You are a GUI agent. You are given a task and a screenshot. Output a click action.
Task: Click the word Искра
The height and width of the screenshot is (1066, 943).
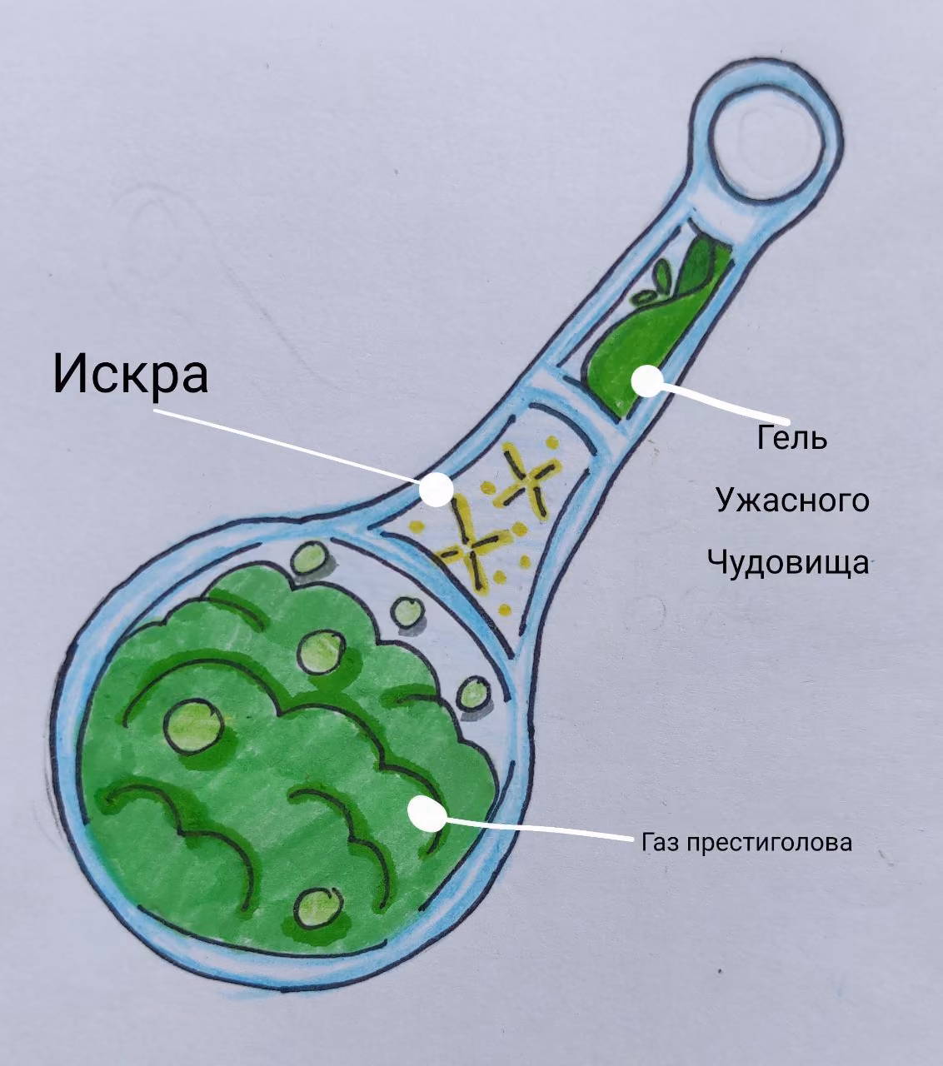(131, 373)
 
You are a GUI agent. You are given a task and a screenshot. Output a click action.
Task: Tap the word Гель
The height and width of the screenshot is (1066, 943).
(792, 437)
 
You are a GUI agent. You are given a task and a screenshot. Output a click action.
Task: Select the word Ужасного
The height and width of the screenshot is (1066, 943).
(792, 501)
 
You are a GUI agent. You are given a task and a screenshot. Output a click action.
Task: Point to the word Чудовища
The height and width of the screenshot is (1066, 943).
(788, 562)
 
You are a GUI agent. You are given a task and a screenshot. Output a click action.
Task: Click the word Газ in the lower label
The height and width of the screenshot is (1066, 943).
(661, 842)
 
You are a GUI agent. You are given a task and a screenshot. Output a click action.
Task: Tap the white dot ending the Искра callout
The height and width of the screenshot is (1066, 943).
(437, 489)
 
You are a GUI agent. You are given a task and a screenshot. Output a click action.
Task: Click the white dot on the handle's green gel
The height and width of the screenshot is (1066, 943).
(646, 381)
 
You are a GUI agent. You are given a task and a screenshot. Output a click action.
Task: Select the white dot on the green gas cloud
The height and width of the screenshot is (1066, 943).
(427, 813)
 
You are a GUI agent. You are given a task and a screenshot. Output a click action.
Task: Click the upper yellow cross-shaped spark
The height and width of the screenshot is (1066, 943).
(526, 480)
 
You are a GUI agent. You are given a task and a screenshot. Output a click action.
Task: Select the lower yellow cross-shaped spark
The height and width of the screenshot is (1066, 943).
(470, 546)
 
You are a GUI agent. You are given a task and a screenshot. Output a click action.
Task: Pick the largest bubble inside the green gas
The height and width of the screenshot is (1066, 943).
(193, 725)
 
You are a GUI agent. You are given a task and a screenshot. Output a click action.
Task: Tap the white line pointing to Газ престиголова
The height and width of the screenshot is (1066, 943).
(539, 827)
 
